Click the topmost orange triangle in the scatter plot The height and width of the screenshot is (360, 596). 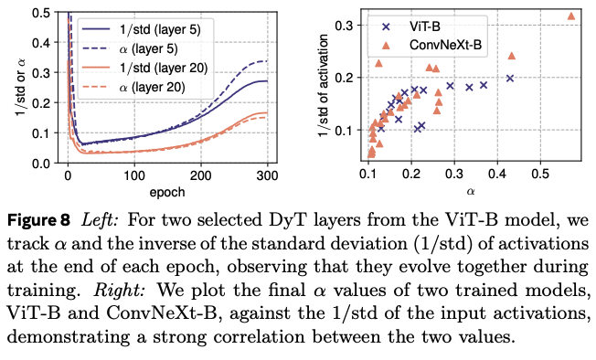tap(571, 16)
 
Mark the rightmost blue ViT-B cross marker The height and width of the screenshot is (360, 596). tap(510, 79)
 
